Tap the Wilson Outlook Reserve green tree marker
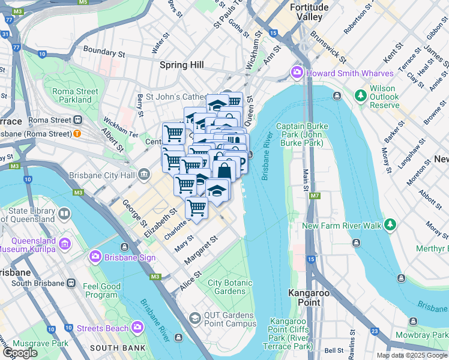(361, 96)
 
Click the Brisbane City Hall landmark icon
(144, 175)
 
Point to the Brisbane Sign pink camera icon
(95, 257)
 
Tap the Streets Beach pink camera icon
(138, 328)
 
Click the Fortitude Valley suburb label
(309, 12)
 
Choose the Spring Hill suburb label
(181, 64)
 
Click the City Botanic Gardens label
(226, 287)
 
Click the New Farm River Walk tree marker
(390, 225)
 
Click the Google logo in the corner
(20, 352)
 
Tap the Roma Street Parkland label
(75, 95)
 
